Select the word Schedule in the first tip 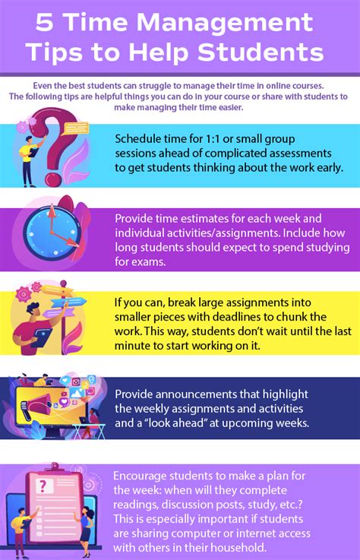click(x=141, y=139)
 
